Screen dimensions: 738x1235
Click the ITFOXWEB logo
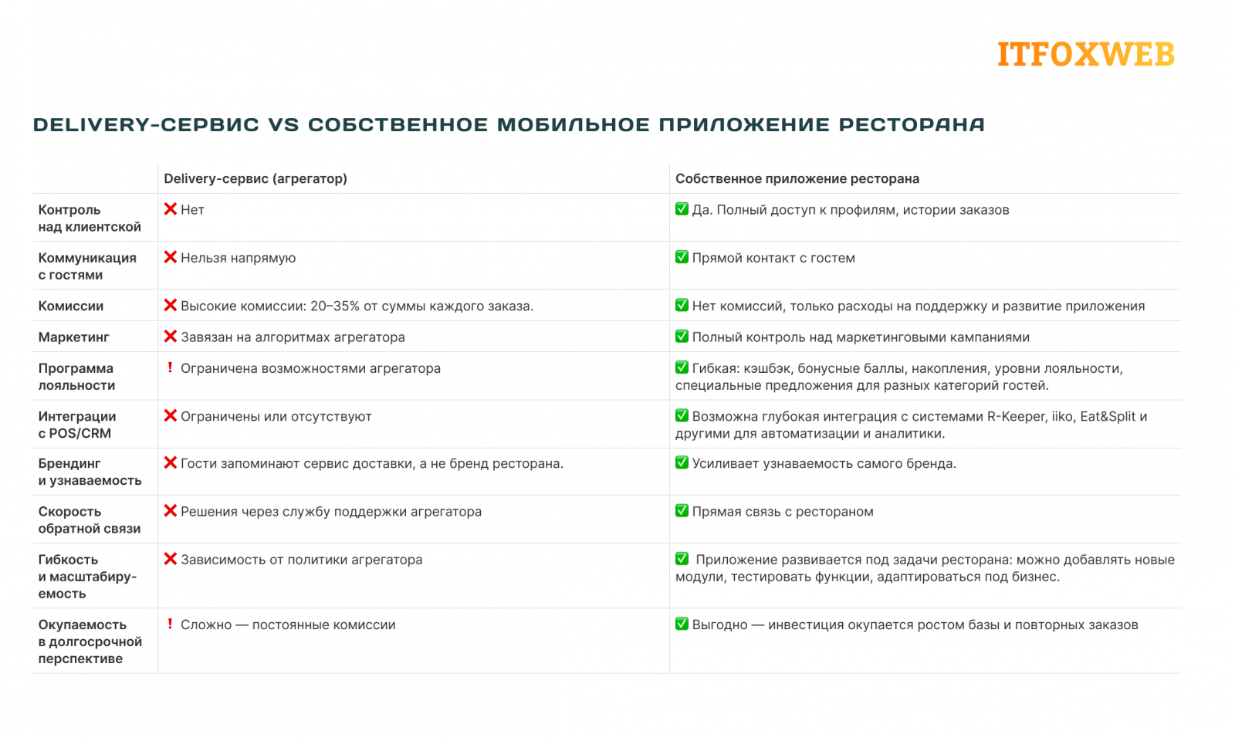[1085, 54]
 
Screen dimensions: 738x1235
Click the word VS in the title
[283, 124]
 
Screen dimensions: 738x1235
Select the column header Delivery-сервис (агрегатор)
[255, 178]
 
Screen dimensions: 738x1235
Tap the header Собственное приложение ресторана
[797, 178]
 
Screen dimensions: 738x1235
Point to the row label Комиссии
[70, 306]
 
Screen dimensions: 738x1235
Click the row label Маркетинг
[73, 337]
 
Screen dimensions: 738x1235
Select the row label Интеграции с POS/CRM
[76, 425]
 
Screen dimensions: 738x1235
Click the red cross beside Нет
[171, 209]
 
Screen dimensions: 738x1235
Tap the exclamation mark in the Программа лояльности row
[170, 367]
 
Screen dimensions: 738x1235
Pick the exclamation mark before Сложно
[170, 624]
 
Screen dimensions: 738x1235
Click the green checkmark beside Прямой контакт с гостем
[682, 257]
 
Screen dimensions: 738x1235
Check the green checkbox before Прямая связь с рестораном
[682, 510]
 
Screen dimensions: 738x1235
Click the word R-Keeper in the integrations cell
[1017, 416]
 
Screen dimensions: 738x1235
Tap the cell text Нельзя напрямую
[238, 258]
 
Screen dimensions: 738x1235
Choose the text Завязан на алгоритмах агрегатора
[293, 337]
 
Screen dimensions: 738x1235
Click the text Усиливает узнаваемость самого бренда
[824, 463]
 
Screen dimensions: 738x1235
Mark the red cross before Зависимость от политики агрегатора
[171, 559]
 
